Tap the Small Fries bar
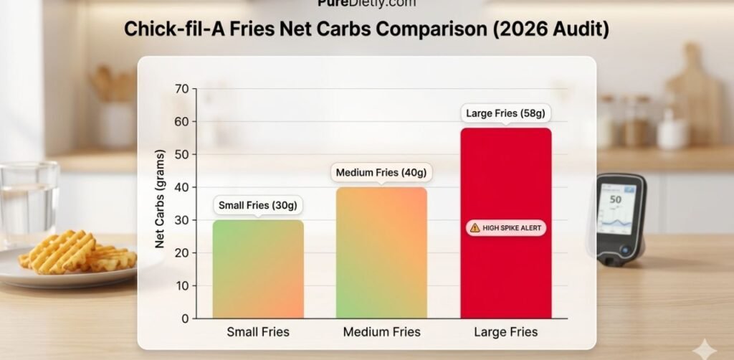pyautogui.click(x=258, y=273)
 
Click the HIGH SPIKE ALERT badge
pyautogui.click(x=505, y=228)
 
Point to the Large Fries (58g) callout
pyautogui.click(x=505, y=113)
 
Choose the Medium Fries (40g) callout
pyautogui.click(x=381, y=173)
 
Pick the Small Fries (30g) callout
pyautogui.click(x=258, y=206)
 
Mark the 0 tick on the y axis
pyautogui.click(x=184, y=318)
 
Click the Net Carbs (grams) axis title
pyautogui.click(x=161, y=199)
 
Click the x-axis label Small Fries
pyautogui.click(x=258, y=332)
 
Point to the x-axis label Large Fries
pyautogui.click(x=505, y=332)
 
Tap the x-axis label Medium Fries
pyautogui.click(x=381, y=332)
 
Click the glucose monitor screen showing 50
pyautogui.click(x=616, y=207)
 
